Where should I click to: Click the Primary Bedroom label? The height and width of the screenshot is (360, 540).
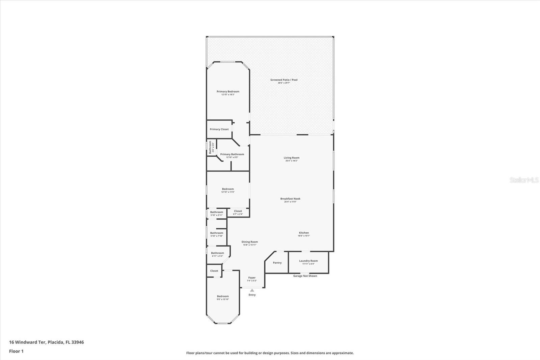pos(228,92)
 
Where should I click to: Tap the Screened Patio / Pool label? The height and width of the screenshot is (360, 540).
pos(284,80)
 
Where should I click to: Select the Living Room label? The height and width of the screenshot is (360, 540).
pos(291,158)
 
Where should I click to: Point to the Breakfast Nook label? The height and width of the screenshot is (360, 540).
pos(290,199)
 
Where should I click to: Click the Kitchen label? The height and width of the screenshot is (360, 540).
pos(304,233)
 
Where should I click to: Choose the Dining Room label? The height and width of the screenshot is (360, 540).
pos(250,242)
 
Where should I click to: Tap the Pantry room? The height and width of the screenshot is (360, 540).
pos(277,263)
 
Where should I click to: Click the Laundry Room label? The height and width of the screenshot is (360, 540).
pos(308,261)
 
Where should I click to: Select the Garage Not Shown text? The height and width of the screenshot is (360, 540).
pos(305,276)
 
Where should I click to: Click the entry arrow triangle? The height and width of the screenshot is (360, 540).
pos(252,290)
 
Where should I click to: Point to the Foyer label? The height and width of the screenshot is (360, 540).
pos(252,278)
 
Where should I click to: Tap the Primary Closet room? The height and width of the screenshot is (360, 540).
pos(219,129)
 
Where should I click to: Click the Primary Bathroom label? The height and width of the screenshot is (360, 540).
pos(232,155)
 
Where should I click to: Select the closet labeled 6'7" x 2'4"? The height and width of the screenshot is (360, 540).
pos(238,212)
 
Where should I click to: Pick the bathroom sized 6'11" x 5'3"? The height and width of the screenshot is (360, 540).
pos(217,254)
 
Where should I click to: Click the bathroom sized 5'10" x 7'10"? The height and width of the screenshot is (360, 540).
pos(216,234)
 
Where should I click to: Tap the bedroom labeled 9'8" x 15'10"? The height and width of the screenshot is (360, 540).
pos(223,297)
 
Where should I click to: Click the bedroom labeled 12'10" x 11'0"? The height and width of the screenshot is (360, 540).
pos(228,190)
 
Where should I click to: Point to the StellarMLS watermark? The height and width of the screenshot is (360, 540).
pos(524,180)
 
